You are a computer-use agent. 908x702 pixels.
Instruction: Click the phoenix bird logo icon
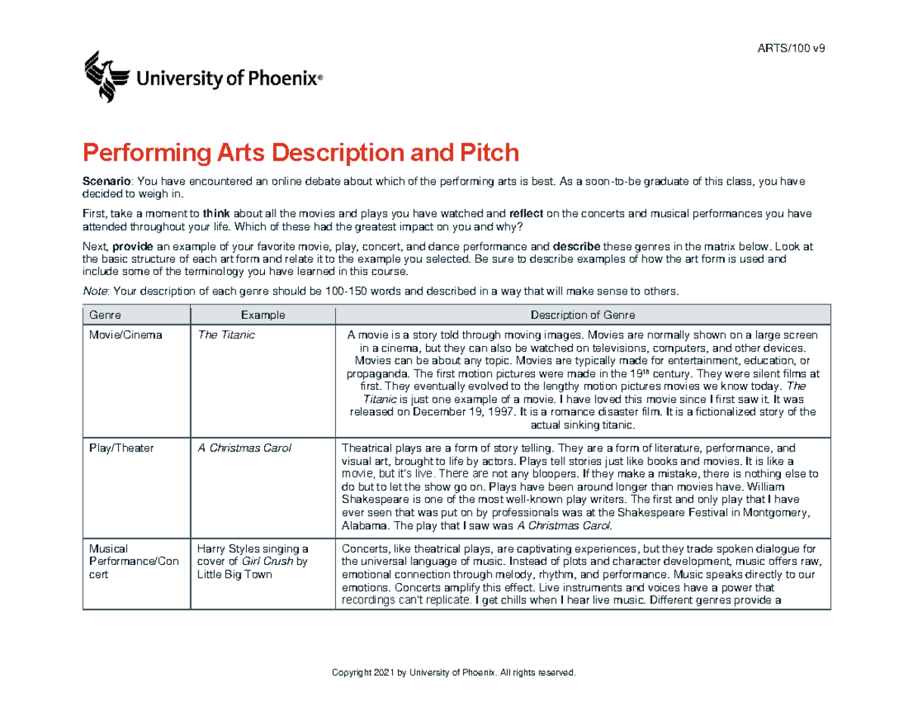tap(105, 76)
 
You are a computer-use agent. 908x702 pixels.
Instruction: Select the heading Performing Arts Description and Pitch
tap(301, 154)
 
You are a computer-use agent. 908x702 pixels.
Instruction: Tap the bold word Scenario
tap(105, 182)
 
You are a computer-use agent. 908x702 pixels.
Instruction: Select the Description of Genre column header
tap(583, 314)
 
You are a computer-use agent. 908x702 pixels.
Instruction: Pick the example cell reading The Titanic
tap(225, 335)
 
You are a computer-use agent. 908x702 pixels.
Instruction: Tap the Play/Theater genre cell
tap(122, 448)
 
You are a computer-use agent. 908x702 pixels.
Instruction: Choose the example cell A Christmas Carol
tap(243, 448)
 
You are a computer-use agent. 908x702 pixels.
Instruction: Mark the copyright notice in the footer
tap(454, 673)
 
